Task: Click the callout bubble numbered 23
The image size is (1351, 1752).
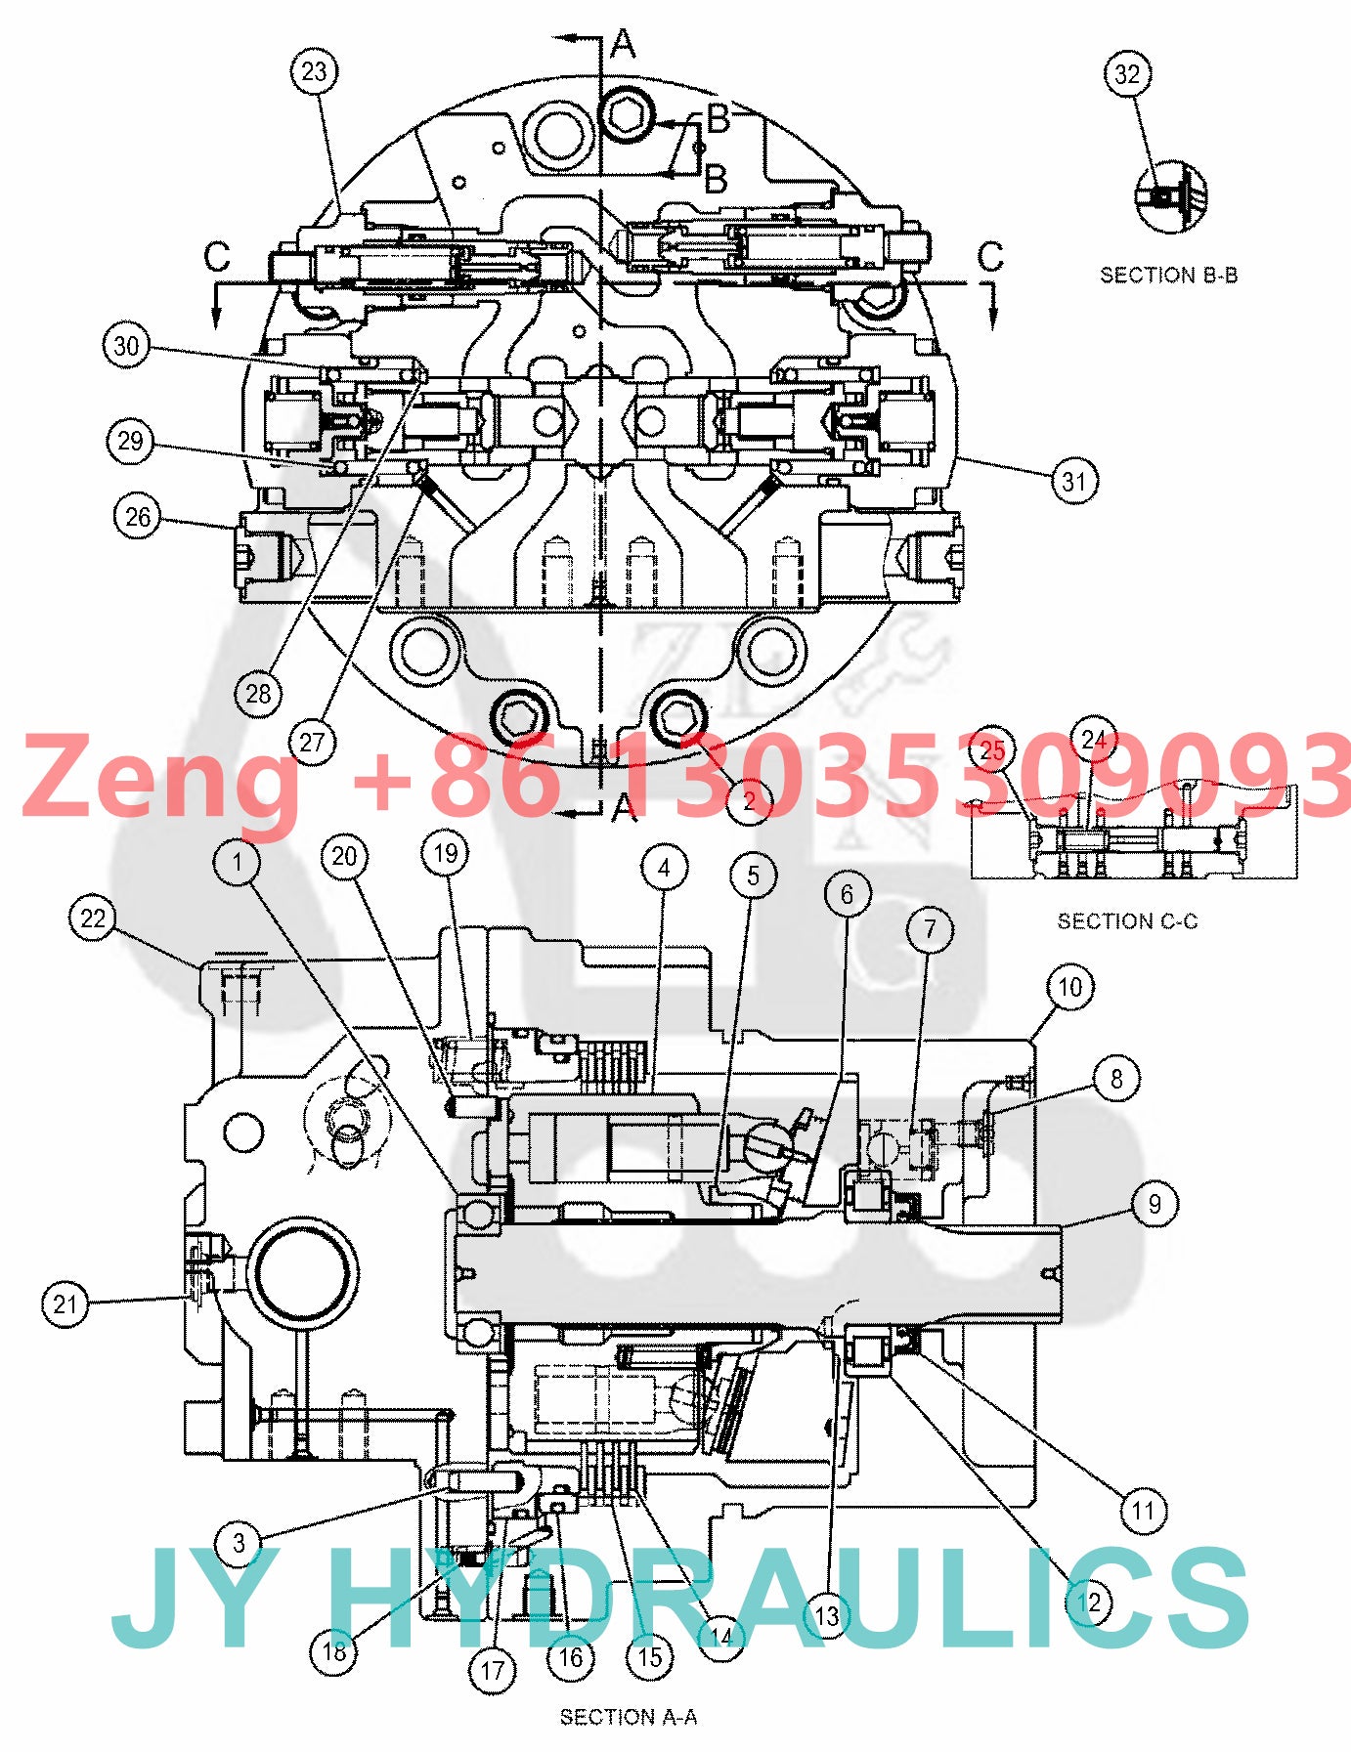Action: tap(314, 71)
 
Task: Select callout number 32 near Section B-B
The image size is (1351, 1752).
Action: tap(1127, 74)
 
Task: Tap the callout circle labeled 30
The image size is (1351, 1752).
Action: tap(127, 346)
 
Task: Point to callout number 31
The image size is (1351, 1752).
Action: tap(1074, 481)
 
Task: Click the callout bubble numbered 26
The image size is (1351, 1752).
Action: tap(138, 517)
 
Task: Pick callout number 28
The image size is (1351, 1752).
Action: tap(258, 694)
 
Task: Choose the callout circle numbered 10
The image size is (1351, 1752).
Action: tap(1069, 987)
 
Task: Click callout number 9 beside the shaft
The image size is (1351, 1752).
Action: tap(1155, 1204)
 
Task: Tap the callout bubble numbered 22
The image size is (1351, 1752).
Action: tap(93, 919)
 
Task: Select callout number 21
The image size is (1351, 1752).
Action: tap(65, 1304)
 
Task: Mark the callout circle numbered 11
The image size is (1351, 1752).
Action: tap(1143, 1512)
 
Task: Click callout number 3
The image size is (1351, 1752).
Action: tap(239, 1543)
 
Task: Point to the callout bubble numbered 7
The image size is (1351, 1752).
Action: tap(930, 929)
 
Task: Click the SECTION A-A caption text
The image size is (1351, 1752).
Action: tap(628, 1717)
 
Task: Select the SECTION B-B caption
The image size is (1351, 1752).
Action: tap(1168, 276)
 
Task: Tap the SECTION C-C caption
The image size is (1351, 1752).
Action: tap(1127, 921)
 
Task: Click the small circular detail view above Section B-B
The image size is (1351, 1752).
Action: tap(1171, 197)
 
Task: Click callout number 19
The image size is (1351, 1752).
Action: tap(445, 854)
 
